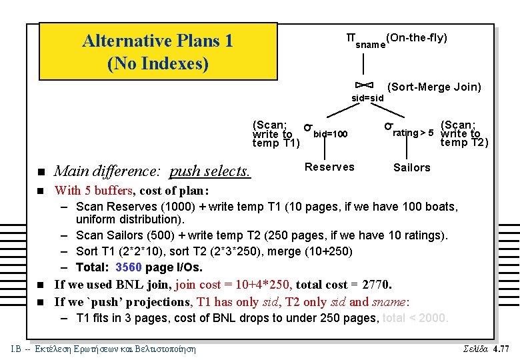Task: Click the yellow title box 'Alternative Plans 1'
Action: pyautogui.click(x=158, y=51)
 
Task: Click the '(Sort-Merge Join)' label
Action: pyautogui.click(x=434, y=87)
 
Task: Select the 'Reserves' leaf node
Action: pyautogui.click(x=329, y=167)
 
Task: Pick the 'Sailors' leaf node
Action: pyautogui.click(x=411, y=167)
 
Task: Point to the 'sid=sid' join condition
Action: pyautogui.click(x=367, y=98)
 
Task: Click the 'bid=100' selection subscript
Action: pyautogui.click(x=331, y=134)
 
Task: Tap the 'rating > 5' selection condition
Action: pyautogui.click(x=413, y=132)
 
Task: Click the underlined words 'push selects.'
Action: pyautogui.click(x=210, y=172)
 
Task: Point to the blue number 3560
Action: pyautogui.click(x=129, y=268)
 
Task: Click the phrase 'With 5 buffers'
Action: pyautogui.click(x=97, y=191)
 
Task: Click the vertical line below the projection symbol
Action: pyautogui.click(x=363, y=63)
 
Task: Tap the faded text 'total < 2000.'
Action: pyautogui.click(x=415, y=318)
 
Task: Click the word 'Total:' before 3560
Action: pyautogui.click(x=93, y=268)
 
